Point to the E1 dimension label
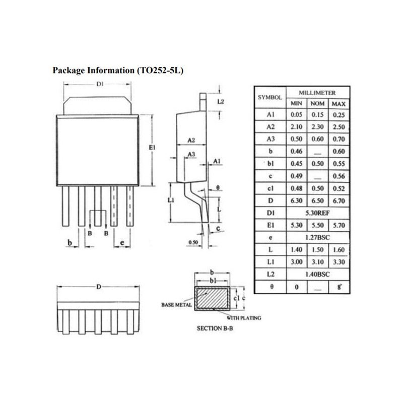pyautogui.click(x=152, y=148)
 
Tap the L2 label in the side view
pyautogui.click(x=220, y=102)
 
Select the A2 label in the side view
pyautogui.click(x=191, y=140)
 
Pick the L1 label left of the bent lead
pyautogui.click(x=171, y=200)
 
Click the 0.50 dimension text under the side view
pyautogui.click(x=191, y=242)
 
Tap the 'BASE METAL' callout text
pyautogui.click(x=174, y=305)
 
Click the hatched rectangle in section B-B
pyautogui.click(x=213, y=298)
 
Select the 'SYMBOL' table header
pyautogui.click(x=270, y=98)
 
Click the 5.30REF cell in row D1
pyautogui.click(x=317, y=213)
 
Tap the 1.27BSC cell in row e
pyautogui.click(x=317, y=237)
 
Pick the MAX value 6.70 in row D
pyautogui.click(x=338, y=201)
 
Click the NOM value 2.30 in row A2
pyautogui.click(x=317, y=127)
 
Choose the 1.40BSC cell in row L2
pyautogui.click(x=317, y=274)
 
